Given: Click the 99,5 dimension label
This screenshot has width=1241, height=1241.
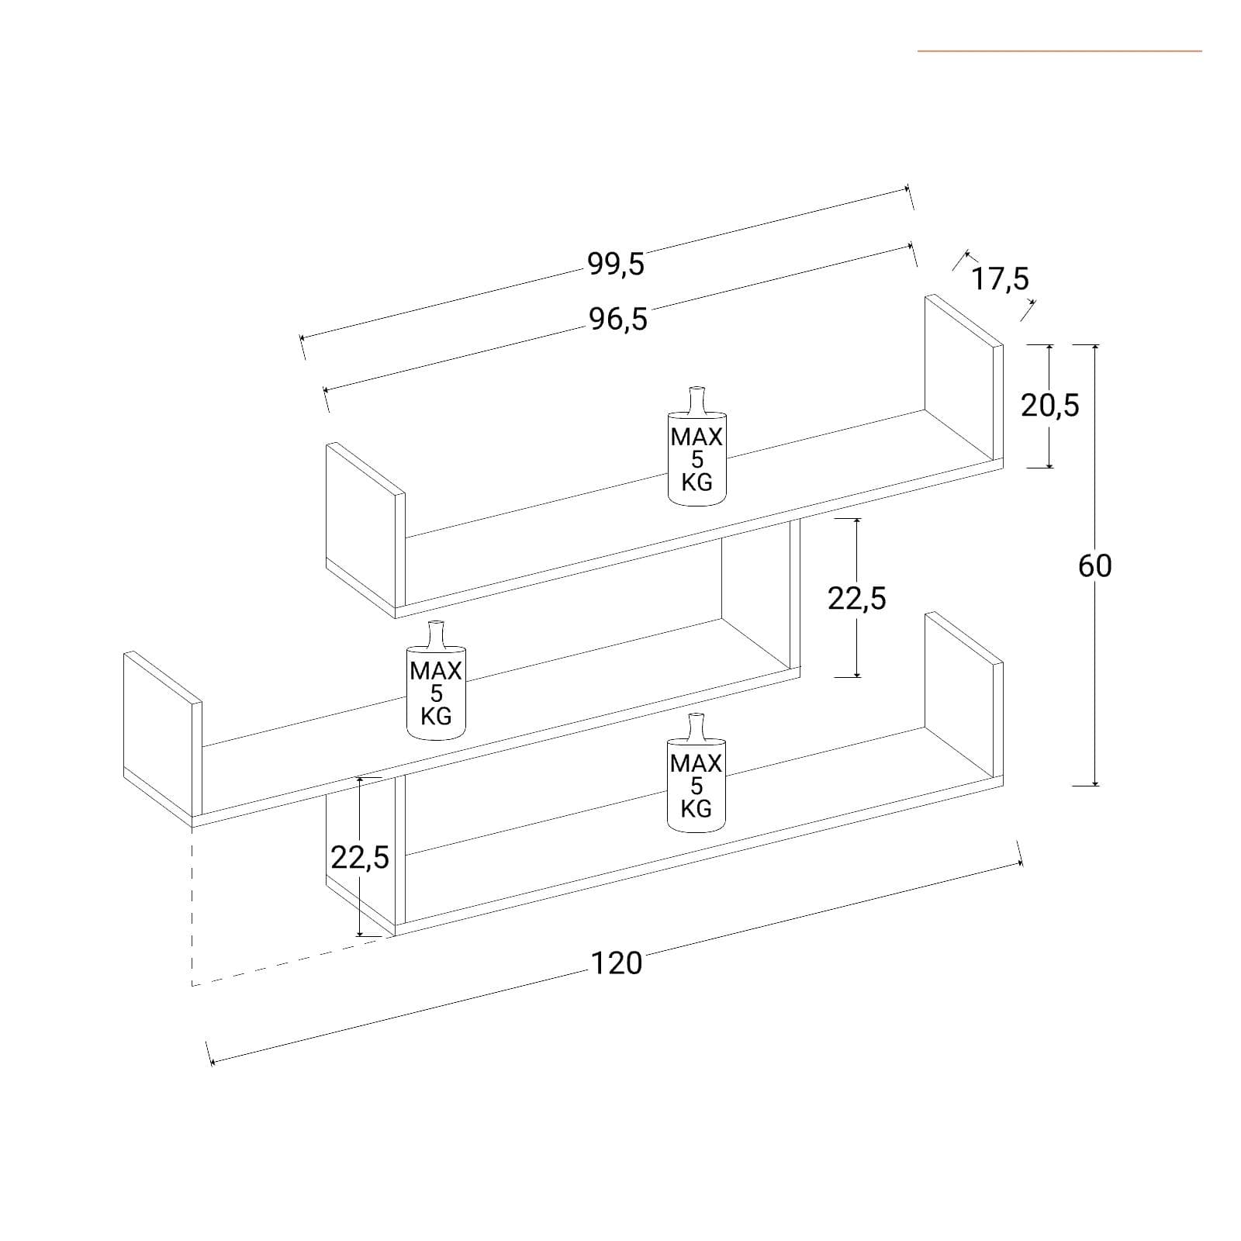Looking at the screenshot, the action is click(616, 264).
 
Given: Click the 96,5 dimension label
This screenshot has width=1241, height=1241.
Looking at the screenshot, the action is click(618, 319).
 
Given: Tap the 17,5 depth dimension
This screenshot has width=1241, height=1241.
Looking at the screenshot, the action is click(1000, 278).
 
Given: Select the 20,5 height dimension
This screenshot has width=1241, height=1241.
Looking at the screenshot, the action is click(1049, 405).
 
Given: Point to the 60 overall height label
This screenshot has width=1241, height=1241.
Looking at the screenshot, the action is click(1094, 566).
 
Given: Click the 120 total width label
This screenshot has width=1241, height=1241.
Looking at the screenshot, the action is click(617, 963).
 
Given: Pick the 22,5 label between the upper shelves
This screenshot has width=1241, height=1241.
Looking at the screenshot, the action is click(856, 599).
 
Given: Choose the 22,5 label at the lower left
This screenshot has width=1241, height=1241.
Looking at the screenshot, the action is click(360, 858).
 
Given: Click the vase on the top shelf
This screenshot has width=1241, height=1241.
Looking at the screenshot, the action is click(697, 447).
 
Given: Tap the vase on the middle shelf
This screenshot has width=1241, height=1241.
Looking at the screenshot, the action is click(436, 680).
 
